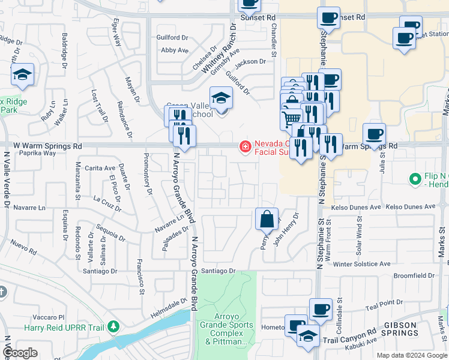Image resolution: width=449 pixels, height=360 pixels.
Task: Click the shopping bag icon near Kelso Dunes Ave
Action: click(267, 219)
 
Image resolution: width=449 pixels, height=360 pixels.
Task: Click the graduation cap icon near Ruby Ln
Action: click(22, 75)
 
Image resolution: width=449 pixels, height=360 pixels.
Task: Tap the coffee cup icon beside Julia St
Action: click(374, 134)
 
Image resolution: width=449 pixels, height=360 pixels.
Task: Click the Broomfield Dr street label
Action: click(414, 276)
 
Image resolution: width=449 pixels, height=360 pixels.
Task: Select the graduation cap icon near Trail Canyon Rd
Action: click(308, 335)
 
